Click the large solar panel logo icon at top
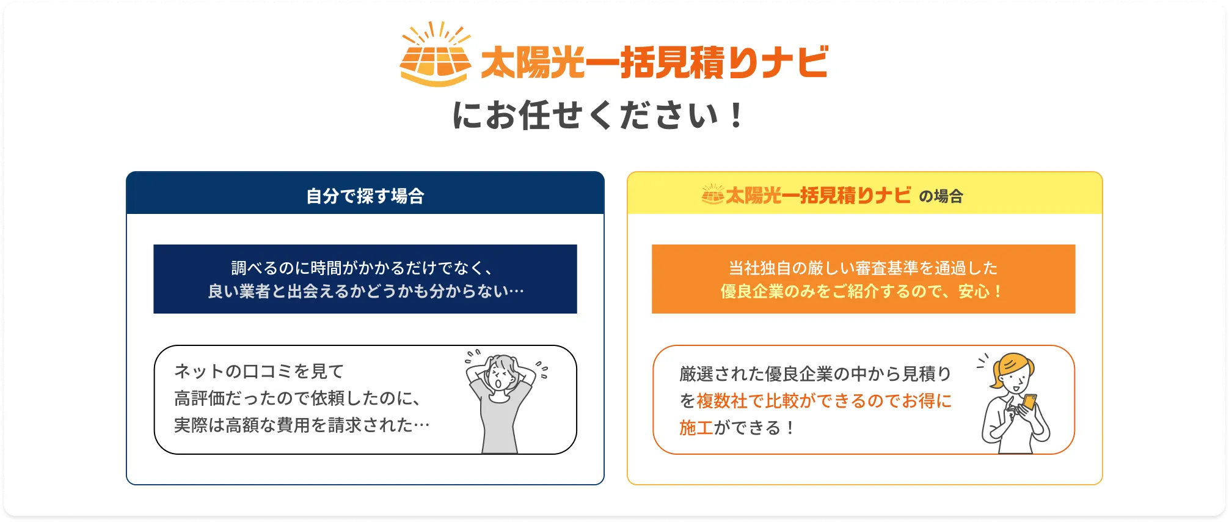[435, 54]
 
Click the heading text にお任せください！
[598, 116]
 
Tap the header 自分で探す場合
[365, 196]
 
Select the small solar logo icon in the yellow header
[712, 194]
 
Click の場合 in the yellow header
[941, 196]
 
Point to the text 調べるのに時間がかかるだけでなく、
[365, 268]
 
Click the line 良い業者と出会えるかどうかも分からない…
[365, 291]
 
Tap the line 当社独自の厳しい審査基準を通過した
[863, 268]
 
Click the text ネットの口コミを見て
[259, 371]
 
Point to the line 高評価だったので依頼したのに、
[297, 398]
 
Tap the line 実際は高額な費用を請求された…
[302, 425]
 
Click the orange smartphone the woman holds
[1029, 402]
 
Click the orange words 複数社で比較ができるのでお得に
[824, 401]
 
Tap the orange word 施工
[696, 428]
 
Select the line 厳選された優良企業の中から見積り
[815, 373]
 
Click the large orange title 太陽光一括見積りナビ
[654, 62]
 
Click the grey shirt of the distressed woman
[500, 422]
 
